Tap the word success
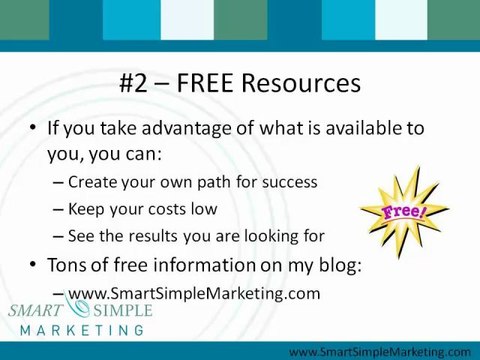click(288, 182)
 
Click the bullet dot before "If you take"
click(34, 130)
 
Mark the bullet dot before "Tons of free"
click(34, 266)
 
